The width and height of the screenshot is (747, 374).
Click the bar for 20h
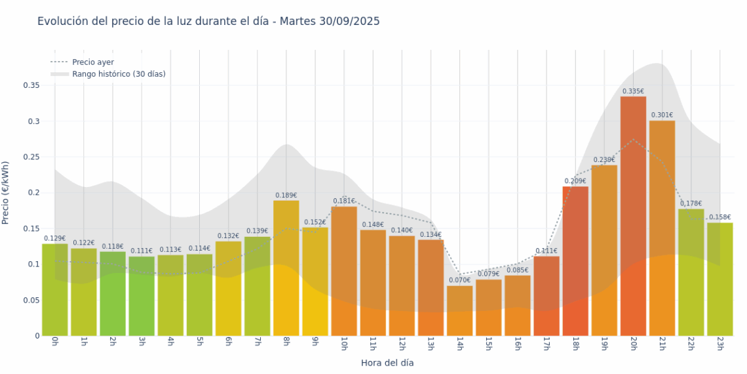[x=633, y=217]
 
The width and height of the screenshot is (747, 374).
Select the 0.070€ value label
[x=460, y=280]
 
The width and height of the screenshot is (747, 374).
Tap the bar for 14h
[x=460, y=311]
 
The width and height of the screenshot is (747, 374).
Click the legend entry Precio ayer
[x=92, y=62]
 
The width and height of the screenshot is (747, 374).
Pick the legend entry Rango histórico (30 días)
[x=119, y=74]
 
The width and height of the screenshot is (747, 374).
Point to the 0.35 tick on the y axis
[x=31, y=85]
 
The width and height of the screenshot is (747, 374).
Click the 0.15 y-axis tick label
[x=31, y=229]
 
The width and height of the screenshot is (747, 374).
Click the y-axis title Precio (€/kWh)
[x=6, y=193]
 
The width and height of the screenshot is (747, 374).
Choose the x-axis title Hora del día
[x=387, y=362]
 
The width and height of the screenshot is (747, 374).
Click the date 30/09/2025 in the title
[x=349, y=22]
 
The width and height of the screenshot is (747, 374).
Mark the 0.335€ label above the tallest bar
[x=633, y=91]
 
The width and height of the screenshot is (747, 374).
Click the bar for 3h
[x=142, y=296]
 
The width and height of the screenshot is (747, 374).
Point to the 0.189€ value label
[x=286, y=195]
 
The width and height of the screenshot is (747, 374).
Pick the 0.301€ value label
[x=662, y=115]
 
